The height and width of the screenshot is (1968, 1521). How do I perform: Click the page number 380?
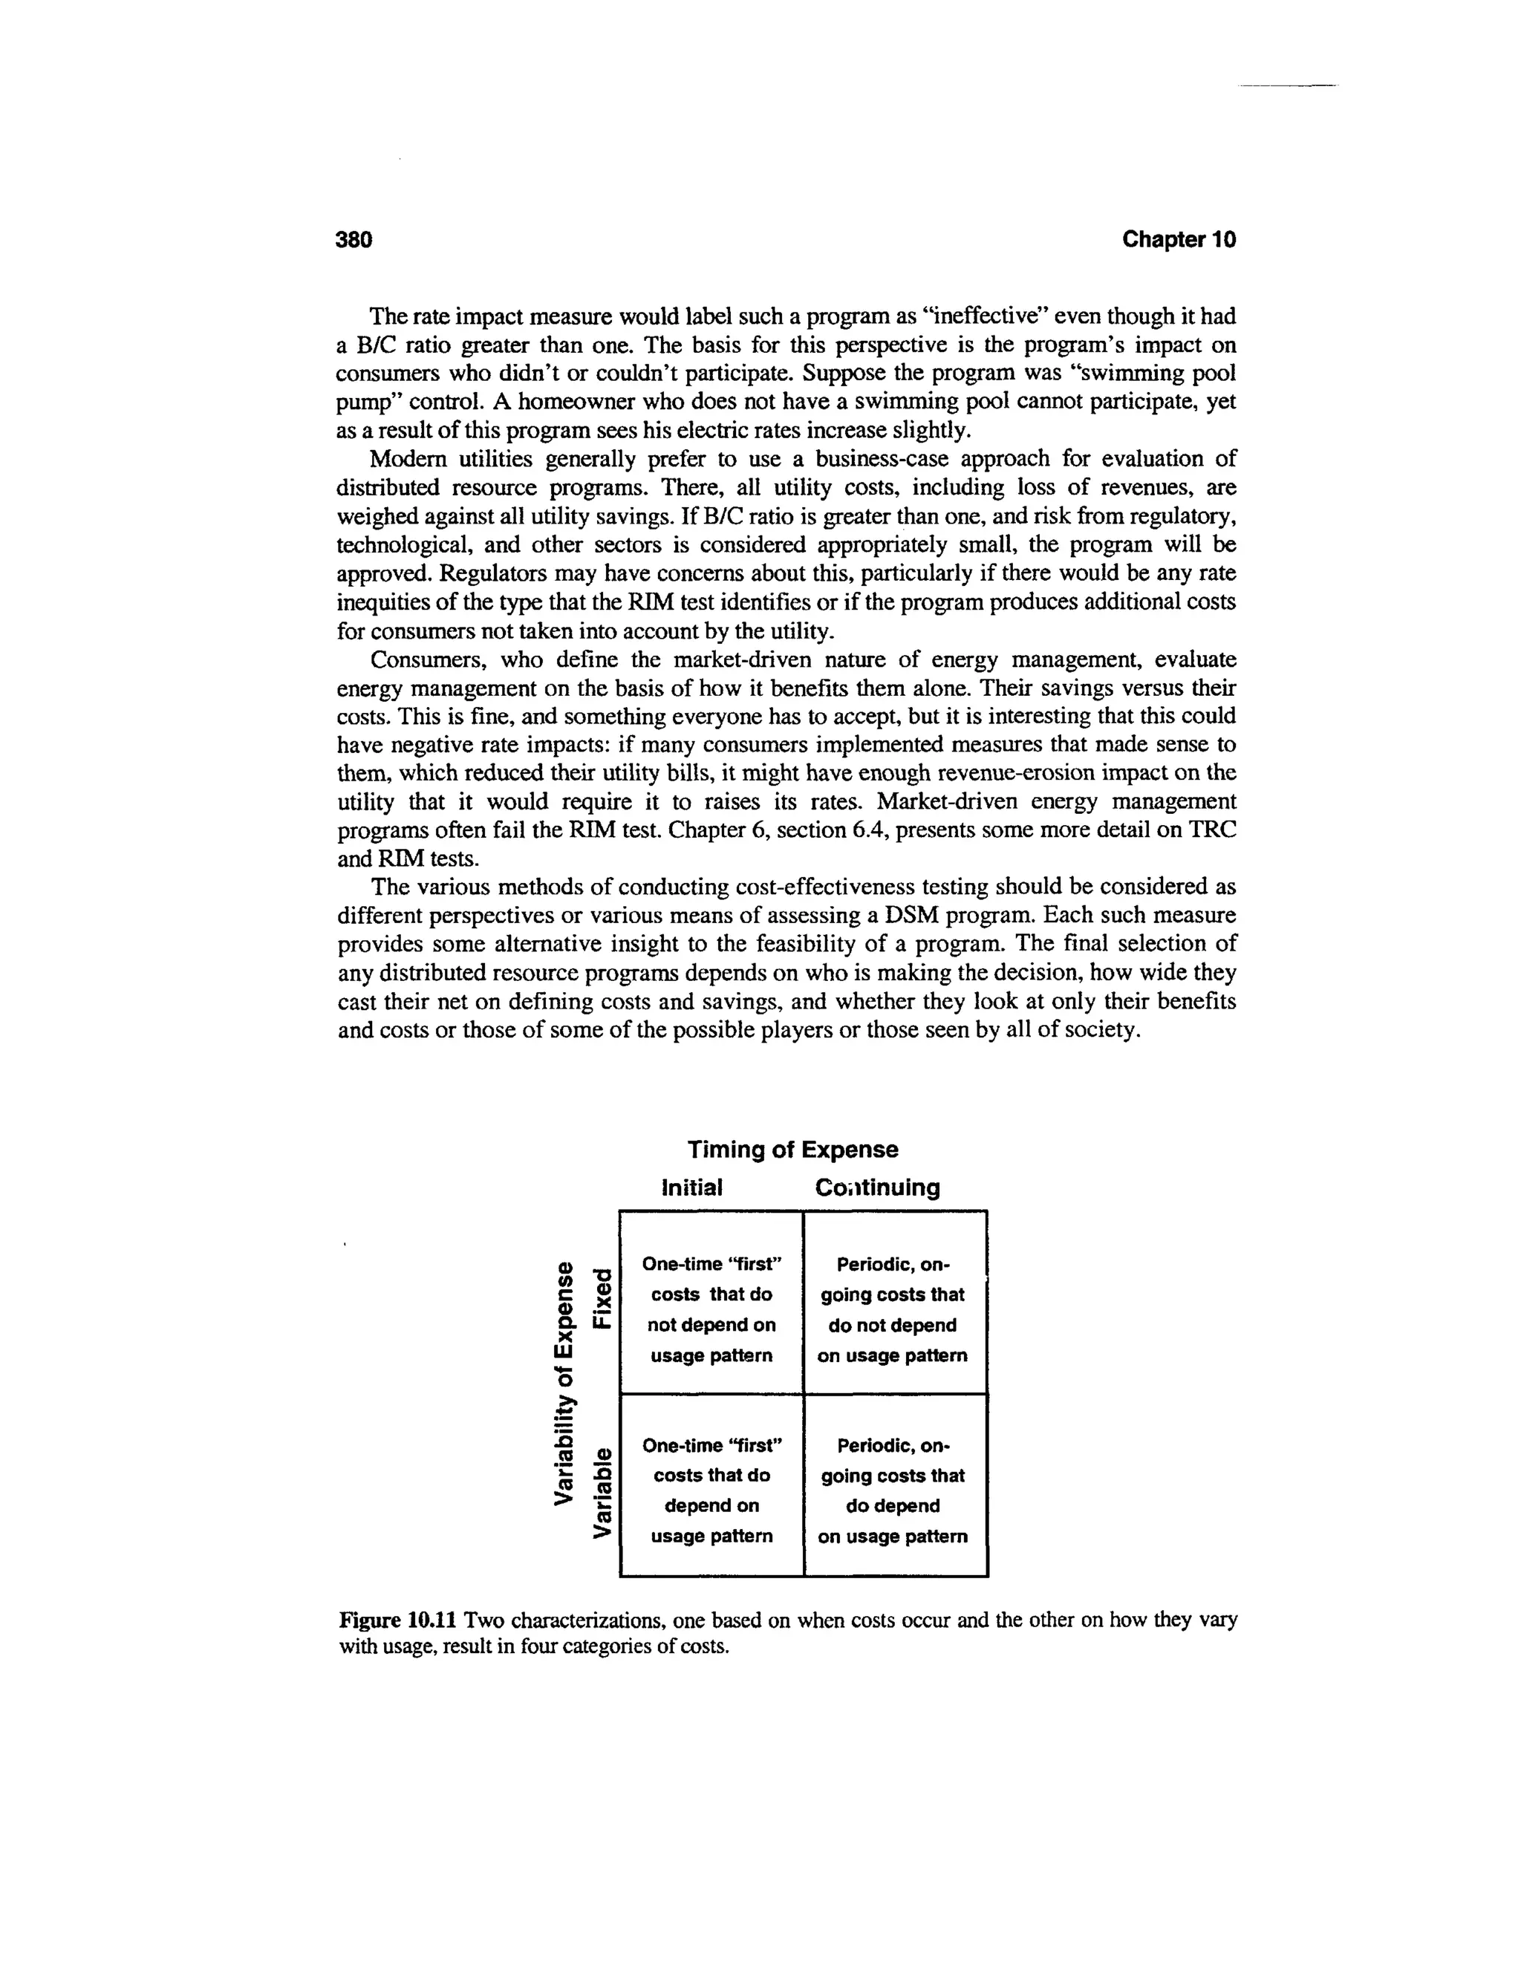coord(354,240)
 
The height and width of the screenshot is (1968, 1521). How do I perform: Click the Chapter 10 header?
coord(1179,240)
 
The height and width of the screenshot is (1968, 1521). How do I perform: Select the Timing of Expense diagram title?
coord(793,1150)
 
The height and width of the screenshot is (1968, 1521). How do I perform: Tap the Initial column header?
coord(692,1187)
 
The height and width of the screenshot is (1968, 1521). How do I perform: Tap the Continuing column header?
coord(877,1187)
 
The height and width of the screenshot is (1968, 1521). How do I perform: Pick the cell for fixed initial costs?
coord(711,1309)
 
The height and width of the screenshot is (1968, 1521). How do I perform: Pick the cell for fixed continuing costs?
coord(893,1309)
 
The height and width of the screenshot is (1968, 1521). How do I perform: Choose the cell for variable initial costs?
coord(711,1490)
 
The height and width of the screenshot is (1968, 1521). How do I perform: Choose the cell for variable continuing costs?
coord(893,1490)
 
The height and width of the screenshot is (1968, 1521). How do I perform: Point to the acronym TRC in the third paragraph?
coord(1212,830)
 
